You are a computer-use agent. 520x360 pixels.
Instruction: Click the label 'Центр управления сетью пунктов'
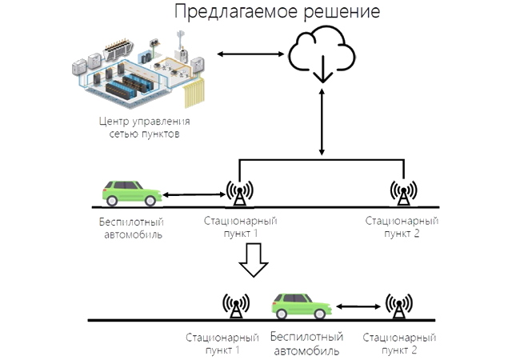coord(144,127)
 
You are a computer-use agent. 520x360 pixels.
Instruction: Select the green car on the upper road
coord(132,193)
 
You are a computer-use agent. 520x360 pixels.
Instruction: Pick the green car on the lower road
coord(302,306)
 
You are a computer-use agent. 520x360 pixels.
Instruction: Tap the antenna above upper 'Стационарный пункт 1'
coord(240,193)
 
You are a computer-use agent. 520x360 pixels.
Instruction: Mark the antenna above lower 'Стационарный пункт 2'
coord(399,306)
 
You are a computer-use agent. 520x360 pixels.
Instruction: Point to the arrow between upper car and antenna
coord(194,194)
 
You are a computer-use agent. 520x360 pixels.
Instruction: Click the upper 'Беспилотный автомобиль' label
coord(132,227)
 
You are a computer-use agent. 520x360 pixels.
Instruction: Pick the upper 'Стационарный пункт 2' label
coord(401,226)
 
